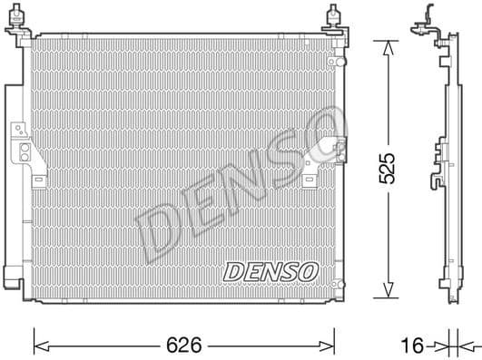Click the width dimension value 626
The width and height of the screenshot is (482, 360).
coord(185,345)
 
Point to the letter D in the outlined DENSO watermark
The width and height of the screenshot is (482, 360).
coord(155,231)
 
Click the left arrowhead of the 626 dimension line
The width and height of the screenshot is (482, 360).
coord(38,345)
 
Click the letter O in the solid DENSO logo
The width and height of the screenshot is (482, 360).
coord(310,270)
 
